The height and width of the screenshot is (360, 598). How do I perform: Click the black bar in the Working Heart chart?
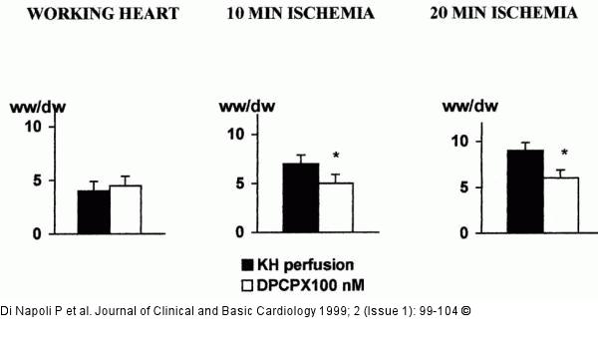(x=94, y=211)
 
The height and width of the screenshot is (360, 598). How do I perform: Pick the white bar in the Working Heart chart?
(x=126, y=209)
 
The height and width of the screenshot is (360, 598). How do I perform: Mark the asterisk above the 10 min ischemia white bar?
(x=337, y=156)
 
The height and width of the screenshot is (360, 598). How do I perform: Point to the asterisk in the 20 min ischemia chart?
(x=564, y=154)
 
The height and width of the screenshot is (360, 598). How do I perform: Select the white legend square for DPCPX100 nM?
(x=248, y=283)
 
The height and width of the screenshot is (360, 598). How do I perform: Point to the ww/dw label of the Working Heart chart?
(x=31, y=106)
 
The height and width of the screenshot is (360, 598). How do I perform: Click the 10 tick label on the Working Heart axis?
(x=32, y=127)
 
